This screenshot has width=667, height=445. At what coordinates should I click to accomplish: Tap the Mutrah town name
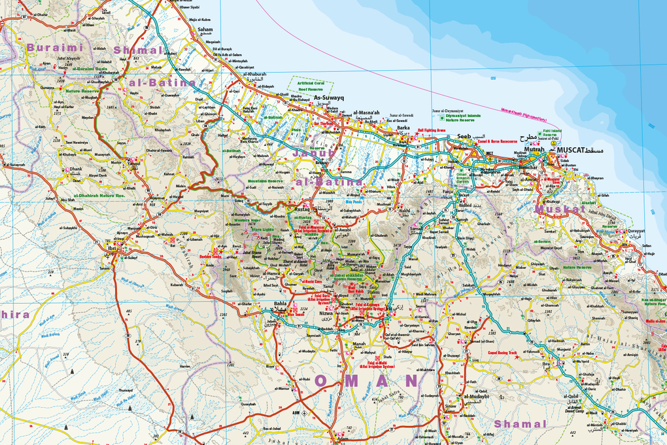pyautogui.click(x=535, y=150)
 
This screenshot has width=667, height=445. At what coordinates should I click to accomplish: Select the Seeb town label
pyautogui.click(x=464, y=137)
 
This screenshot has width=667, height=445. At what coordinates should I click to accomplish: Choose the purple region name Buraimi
pyautogui.click(x=56, y=48)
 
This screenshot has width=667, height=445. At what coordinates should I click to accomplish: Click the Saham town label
pyautogui.click(x=205, y=29)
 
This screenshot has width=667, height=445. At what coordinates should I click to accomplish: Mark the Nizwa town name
pyautogui.click(x=326, y=313)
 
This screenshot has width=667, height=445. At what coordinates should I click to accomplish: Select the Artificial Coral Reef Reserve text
pyautogui.click(x=311, y=87)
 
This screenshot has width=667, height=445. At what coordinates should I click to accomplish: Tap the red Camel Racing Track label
pyautogui.click(x=502, y=353)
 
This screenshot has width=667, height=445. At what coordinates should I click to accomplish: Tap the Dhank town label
pyautogui.click(x=77, y=169)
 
